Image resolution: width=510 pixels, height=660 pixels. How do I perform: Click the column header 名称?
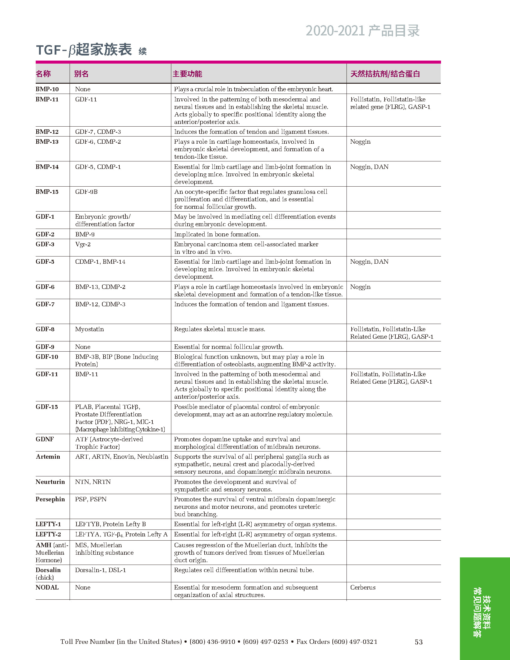[x=43, y=74]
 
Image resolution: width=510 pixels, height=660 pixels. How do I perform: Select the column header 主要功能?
[x=187, y=74]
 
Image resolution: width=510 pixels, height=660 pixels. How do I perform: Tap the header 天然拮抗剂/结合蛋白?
[x=385, y=74]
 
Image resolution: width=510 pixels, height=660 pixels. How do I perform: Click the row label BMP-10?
[x=47, y=89]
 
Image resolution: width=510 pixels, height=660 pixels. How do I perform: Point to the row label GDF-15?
[x=46, y=407]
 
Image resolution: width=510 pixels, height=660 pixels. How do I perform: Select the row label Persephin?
[x=50, y=499]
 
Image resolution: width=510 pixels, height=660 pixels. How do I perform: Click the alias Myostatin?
[x=89, y=329]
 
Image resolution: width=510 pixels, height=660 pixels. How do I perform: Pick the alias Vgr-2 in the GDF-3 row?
[x=83, y=244]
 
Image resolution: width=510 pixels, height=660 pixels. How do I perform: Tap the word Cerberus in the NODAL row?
[x=363, y=587]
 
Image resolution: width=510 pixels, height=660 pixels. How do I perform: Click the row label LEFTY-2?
[x=48, y=534]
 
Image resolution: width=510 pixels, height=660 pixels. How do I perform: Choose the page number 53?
[x=418, y=642]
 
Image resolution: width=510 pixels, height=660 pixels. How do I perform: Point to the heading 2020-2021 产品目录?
[x=362, y=31]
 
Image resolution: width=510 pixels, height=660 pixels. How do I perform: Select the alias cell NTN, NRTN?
[x=93, y=482]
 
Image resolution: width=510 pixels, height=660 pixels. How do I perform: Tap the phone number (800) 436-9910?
[x=212, y=642]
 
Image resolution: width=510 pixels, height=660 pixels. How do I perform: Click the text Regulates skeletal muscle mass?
[x=220, y=329]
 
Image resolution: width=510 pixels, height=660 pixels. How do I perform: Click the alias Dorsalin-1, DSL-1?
[x=100, y=570]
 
